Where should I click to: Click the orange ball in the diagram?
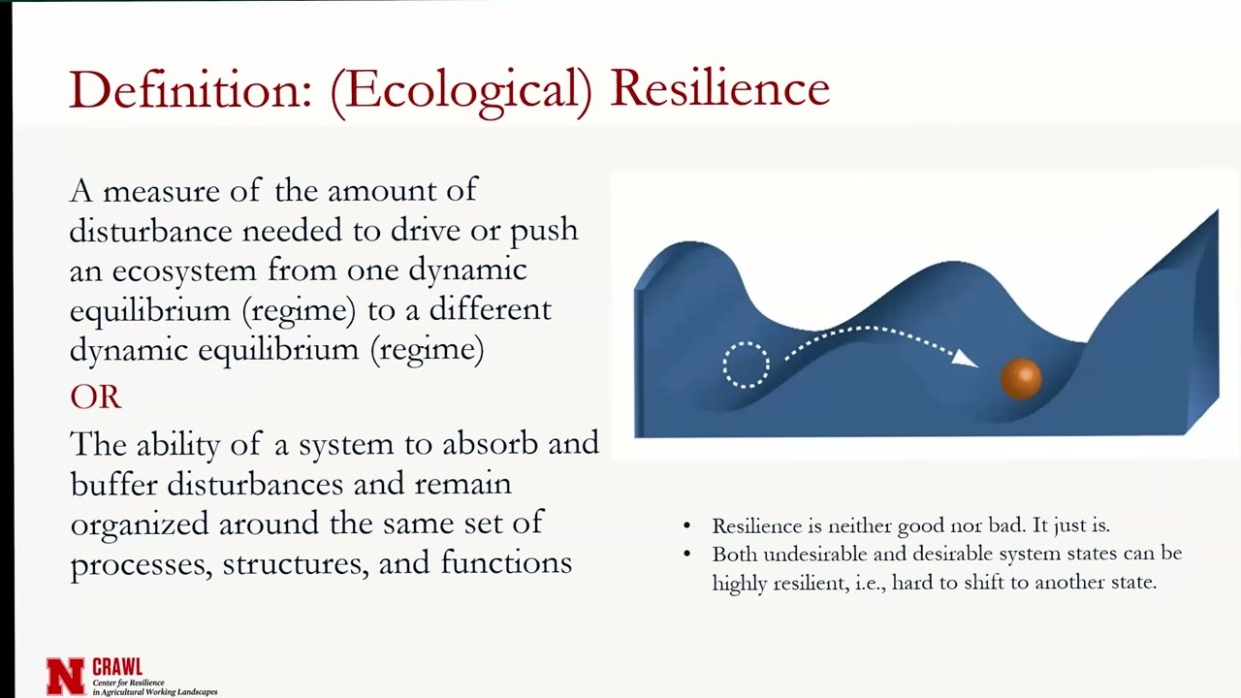tap(1021, 378)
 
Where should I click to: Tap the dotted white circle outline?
tap(746, 365)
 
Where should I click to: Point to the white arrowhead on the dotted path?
tap(965, 359)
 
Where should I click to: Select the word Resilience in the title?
tap(719, 89)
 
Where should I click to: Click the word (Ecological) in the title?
tap(461, 91)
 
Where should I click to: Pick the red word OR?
tap(95, 397)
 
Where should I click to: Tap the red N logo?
tap(66, 676)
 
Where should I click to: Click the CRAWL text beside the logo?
tap(117, 667)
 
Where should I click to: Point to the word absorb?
tap(490, 443)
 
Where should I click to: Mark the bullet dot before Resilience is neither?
tap(687, 526)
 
